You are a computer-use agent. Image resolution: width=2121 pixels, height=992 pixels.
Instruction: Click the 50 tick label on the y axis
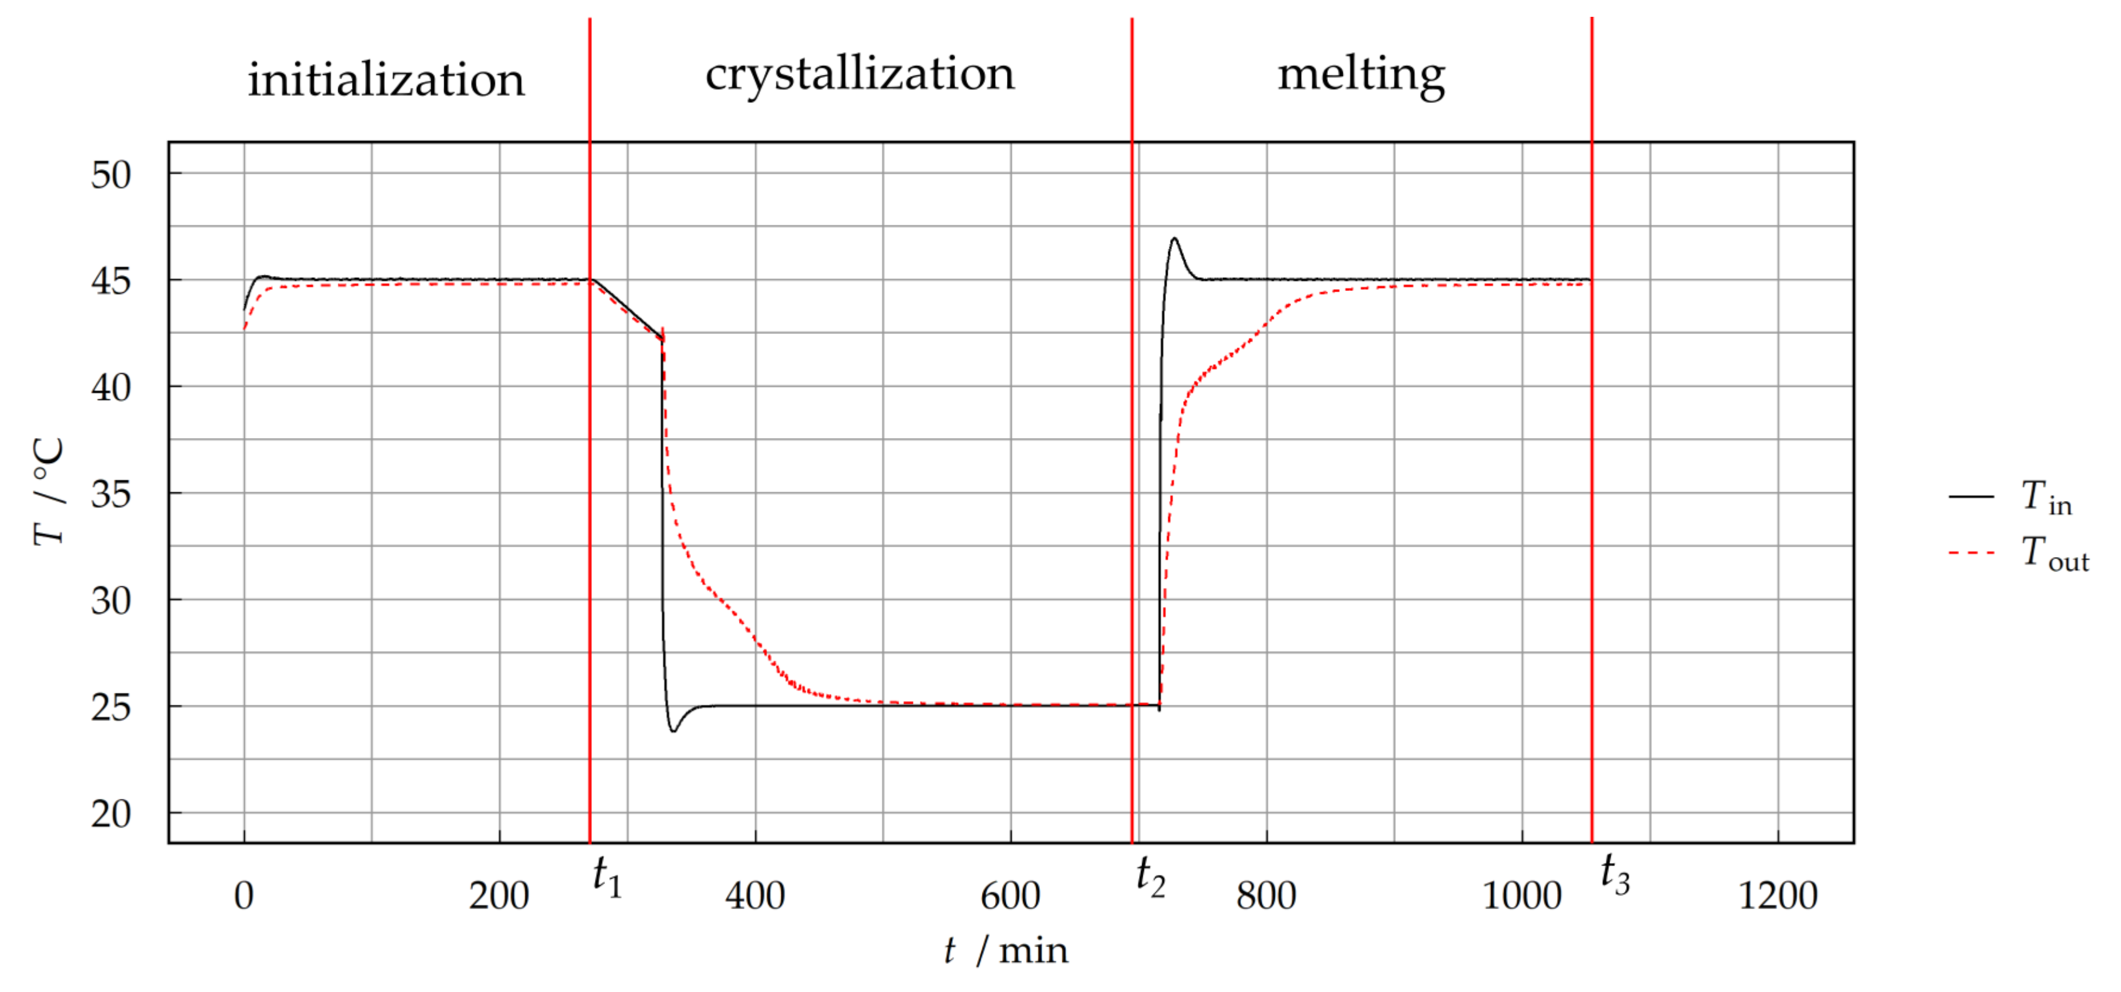tap(110, 175)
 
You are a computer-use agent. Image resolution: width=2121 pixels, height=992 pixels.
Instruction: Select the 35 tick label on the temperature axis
tap(110, 495)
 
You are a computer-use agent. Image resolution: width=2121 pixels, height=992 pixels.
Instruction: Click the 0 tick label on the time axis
tap(244, 895)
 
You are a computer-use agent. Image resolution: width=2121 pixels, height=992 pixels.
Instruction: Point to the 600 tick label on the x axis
tap(1010, 895)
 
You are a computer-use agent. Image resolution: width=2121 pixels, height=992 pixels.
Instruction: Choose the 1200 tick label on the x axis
tap(1778, 895)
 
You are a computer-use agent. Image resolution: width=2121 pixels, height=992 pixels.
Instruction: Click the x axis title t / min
tap(1006, 951)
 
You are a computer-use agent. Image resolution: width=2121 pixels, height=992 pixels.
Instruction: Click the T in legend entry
tap(2046, 498)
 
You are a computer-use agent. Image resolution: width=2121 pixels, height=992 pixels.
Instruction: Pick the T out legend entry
tap(2054, 553)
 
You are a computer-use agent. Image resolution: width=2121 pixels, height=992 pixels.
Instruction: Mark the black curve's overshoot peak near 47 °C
tap(1174, 239)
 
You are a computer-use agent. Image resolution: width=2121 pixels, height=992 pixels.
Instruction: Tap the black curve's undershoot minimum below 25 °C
tap(674, 730)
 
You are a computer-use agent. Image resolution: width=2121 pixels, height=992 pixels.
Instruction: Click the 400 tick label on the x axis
tap(755, 895)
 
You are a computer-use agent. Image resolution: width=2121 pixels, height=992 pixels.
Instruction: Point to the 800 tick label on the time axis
tap(1266, 895)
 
